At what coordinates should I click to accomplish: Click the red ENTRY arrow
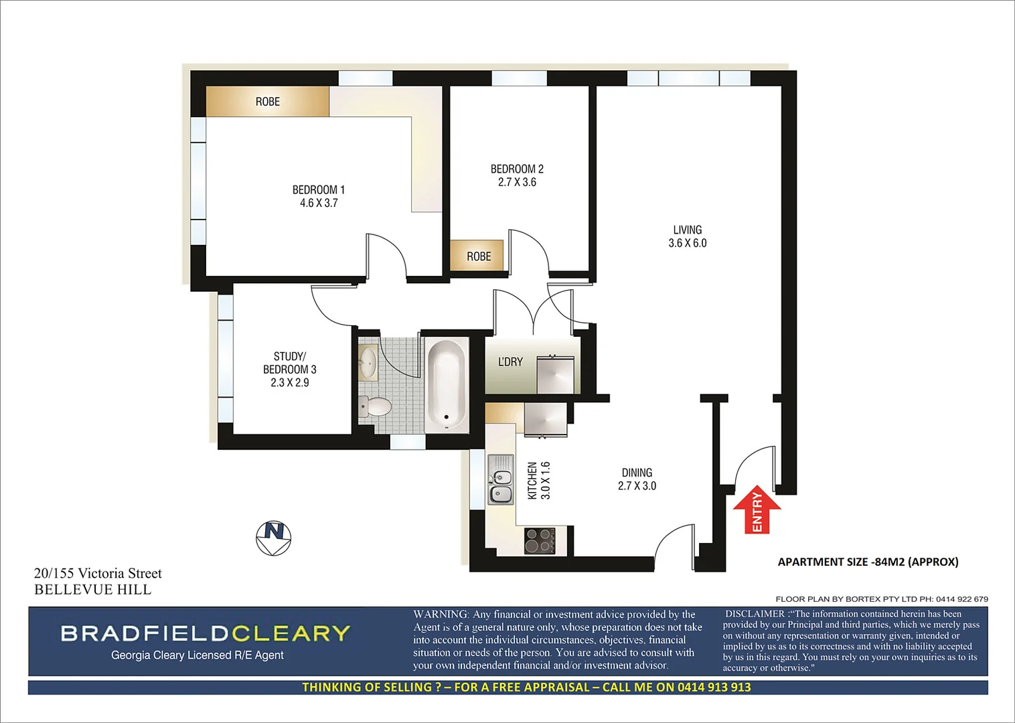(x=757, y=510)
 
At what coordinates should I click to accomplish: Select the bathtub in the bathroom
(x=447, y=385)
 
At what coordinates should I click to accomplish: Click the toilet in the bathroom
(x=375, y=406)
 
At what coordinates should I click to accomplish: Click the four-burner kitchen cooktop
(x=540, y=541)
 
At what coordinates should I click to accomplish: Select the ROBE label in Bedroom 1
(x=267, y=102)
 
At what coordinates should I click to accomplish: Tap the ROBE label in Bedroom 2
(x=479, y=256)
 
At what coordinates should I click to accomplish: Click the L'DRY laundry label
(x=510, y=362)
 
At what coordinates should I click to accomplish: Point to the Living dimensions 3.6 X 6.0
(x=688, y=243)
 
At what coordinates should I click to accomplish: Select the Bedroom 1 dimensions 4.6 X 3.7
(x=319, y=203)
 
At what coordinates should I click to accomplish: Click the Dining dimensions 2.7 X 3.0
(x=637, y=486)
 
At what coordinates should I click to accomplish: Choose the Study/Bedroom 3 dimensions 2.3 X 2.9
(x=290, y=383)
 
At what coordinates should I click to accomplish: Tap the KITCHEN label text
(x=532, y=481)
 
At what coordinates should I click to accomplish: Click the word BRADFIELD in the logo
(x=145, y=633)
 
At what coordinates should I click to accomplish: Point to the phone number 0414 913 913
(x=714, y=688)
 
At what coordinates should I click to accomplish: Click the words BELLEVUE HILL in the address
(x=93, y=590)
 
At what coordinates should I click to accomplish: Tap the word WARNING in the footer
(x=441, y=614)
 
